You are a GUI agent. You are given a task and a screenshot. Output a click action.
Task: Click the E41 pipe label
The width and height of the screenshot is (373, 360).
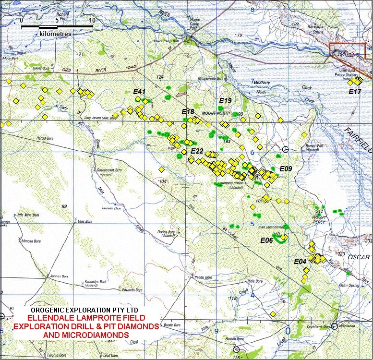click(139, 91)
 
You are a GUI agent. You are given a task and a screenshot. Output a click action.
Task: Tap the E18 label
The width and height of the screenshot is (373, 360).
click(188, 112)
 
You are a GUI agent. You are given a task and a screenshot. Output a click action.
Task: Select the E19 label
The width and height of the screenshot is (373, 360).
click(225, 101)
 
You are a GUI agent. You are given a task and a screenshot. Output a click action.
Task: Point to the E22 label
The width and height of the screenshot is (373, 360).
click(197, 151)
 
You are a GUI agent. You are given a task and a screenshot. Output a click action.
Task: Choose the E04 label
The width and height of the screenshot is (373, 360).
click(300, 261)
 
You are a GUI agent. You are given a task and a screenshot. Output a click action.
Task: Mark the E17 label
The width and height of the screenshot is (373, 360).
click(355, 91)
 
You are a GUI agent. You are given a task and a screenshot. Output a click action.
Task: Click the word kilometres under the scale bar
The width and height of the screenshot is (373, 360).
click(55, 34)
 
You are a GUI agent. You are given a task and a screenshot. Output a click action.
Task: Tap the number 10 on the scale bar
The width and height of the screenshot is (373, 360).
click(92, 21)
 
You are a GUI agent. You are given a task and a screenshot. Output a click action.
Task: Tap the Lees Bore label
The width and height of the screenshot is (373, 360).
click(84, 221)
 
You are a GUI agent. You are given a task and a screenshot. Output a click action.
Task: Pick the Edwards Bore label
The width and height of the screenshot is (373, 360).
click(132, 290)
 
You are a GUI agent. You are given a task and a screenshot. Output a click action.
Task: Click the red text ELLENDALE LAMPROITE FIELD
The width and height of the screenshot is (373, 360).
click(86, 318)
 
